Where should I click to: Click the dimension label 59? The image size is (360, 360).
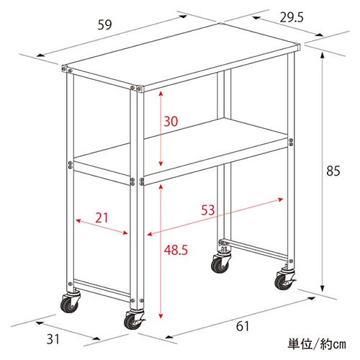105,24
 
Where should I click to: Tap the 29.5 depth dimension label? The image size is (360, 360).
292,17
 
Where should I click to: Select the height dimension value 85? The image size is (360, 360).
333,171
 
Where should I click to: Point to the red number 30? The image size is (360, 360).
171,121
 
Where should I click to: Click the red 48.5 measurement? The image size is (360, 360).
176,250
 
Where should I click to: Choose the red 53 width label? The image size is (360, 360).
208,210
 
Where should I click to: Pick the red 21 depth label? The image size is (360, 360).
102,217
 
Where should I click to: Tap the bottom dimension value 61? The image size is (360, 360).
243,326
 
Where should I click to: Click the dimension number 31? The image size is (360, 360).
53,339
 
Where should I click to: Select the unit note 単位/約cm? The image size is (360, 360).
317,344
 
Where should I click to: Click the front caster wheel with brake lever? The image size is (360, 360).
135,320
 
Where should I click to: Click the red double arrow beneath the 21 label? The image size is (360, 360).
102,226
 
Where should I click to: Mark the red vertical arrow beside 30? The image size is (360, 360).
161,128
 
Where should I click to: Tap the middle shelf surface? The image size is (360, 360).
181,149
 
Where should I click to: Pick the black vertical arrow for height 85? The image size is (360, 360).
323,172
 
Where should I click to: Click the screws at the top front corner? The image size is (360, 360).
135,89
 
